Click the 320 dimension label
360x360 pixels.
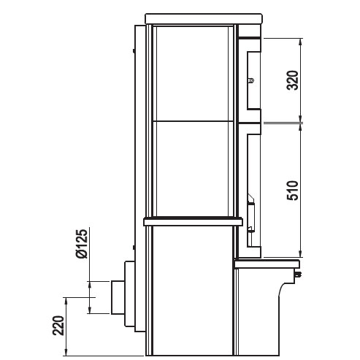[x=292, y=80]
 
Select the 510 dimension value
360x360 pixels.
[x=292, y=191]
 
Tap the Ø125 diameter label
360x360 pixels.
[x=81, y=243]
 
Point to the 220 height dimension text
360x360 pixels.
[x=58, y=326]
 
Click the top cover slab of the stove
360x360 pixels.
[x=204, y=19]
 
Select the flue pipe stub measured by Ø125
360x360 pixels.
[x=118, y=297]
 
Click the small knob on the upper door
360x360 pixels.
[x=251, y=80]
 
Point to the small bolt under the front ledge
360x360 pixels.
[x=299, y=274]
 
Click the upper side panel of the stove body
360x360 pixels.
[x=192, y=74]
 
